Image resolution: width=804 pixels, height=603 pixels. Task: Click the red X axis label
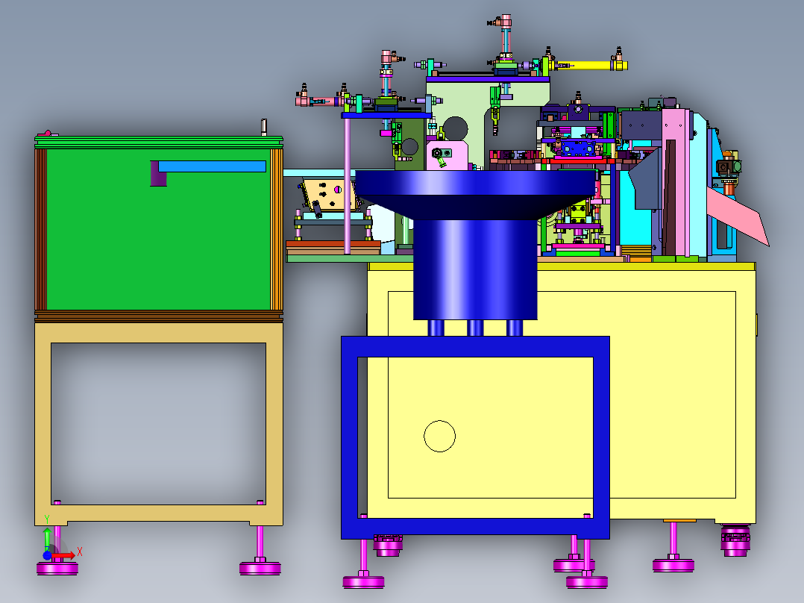coord(80,552)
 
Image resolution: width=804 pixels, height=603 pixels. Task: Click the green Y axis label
coord(47,519)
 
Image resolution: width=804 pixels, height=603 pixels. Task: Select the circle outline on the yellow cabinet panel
coord(439,437)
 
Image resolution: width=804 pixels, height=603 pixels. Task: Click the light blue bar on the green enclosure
coord(212,166)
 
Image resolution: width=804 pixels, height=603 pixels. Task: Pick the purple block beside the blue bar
coord(158,173)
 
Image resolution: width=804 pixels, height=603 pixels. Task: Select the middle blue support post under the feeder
coord(475,328)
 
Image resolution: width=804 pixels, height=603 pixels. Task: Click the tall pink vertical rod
coord(347,186)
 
